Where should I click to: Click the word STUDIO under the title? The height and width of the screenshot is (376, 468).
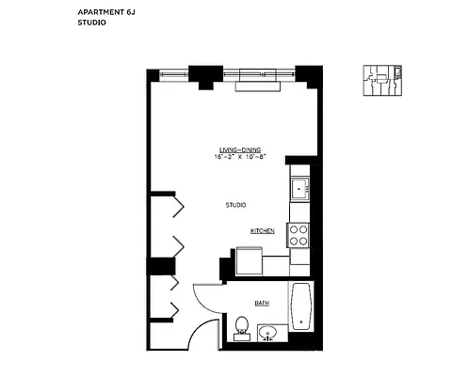[91, 23]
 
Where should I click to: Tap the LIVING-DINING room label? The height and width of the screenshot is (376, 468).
[239, 150]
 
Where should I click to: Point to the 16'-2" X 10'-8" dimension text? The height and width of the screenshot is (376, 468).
[239, 158]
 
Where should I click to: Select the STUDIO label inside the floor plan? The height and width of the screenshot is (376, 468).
[235, 205]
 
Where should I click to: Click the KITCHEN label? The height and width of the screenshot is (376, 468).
[261, 230]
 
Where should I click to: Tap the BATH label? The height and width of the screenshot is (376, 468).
[261, 303]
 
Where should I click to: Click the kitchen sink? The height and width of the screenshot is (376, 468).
[299, 188]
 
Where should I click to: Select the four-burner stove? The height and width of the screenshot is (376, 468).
[299, 234]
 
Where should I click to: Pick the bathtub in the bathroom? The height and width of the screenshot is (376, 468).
[300, 307]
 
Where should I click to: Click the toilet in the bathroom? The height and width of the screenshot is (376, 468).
[242, 327]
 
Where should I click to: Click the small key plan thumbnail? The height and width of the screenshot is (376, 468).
[383, 81]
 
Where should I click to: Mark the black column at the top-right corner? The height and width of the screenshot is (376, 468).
[307, 74]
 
